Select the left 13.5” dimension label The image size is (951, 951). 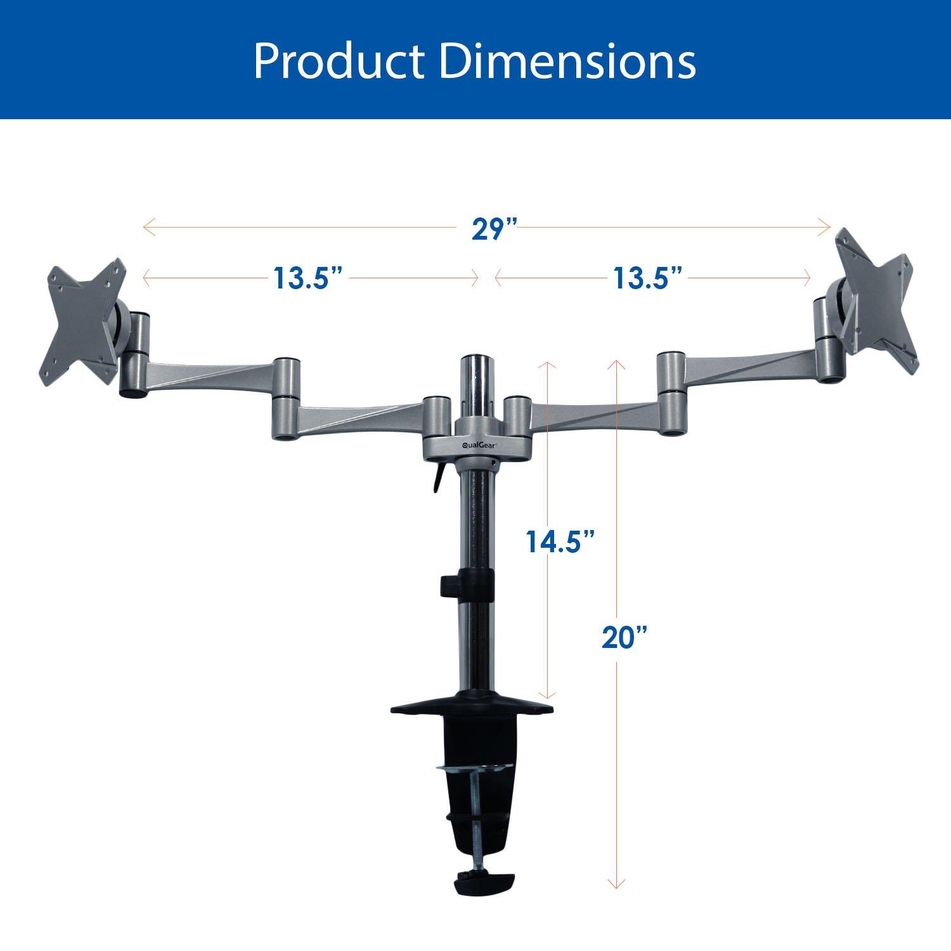click(308, 278)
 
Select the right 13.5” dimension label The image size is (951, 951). click(647, 278)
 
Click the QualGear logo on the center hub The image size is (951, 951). click(479, 444)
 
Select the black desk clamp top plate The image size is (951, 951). click(472, 708)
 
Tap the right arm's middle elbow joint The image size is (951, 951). click(671, 393)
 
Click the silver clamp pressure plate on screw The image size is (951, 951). click(474, 770)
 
